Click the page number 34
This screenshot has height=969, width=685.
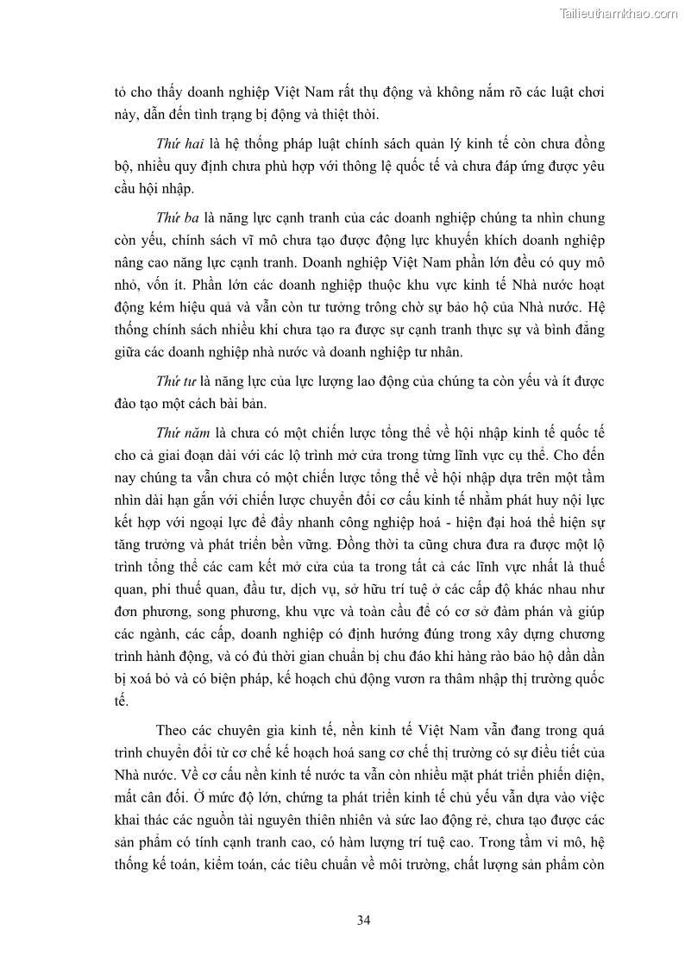click(363, 920)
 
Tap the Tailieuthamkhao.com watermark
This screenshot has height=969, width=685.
click(619, 13)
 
